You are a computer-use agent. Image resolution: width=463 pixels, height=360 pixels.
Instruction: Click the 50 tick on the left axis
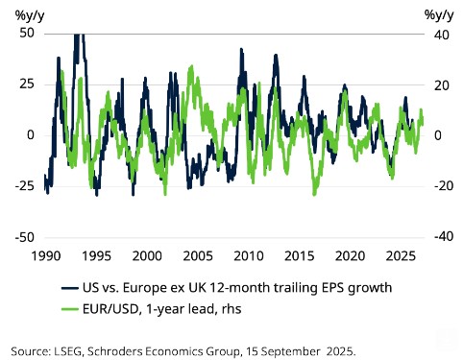[25, 32]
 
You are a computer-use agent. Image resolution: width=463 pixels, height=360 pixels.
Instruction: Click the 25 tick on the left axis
[25, 84]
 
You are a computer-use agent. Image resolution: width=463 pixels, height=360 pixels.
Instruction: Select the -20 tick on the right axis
[434, 186]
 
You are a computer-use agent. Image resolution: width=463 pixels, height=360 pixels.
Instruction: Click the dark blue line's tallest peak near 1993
[79, 35]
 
